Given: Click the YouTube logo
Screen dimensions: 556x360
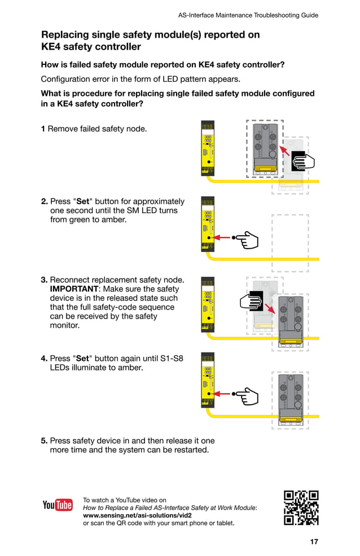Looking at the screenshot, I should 58,505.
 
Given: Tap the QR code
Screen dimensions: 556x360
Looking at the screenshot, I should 301,508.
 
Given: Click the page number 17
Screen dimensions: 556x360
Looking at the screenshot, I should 314,542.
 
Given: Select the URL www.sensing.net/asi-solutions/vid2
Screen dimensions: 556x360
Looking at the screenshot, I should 137,515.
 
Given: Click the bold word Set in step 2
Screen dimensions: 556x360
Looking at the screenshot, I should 83,201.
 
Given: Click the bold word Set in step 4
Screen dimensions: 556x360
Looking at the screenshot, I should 83,358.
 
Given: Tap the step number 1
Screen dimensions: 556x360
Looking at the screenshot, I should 43,129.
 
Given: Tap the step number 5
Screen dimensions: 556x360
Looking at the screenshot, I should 43,440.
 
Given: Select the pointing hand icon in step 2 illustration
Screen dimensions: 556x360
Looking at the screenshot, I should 247,240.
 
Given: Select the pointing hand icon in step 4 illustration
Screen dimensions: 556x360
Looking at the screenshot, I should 247,394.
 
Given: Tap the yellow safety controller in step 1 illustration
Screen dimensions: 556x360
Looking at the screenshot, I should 208,148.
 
